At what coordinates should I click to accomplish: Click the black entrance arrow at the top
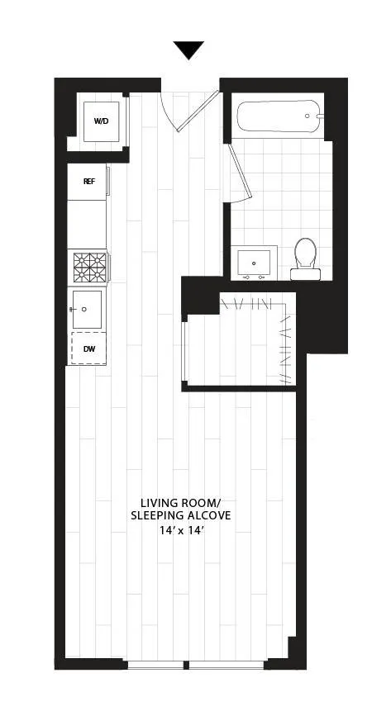tap(188, 50)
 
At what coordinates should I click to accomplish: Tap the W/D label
tap(101, 121)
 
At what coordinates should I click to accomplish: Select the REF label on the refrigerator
tap(88, 181)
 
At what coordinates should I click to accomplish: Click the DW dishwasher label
tap(88, 349)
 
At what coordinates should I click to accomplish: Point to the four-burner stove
tap(88, 268)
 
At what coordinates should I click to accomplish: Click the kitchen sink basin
tap(86, 308)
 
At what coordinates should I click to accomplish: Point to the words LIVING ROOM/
tap(179, 502)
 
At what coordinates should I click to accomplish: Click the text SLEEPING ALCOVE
tap(180, 516)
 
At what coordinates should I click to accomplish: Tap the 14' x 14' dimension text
tap(180, 531)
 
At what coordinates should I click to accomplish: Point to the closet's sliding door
tap(183, 348)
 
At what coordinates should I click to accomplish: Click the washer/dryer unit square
tap(101, 122)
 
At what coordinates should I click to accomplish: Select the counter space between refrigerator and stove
tap(87, 225)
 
